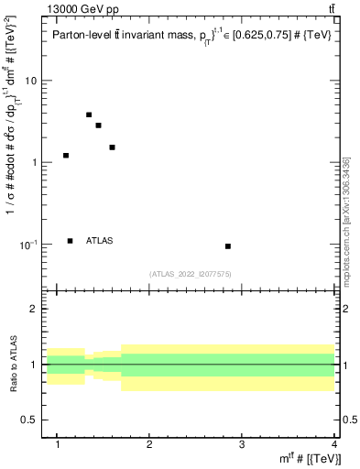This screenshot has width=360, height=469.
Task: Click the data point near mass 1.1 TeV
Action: [x=66, y=156]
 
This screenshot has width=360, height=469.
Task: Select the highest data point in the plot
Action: [x=89, y=115]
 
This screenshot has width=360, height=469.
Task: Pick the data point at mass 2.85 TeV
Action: [x=228, y=246]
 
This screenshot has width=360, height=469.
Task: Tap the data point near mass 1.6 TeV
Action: [x=112, y=147]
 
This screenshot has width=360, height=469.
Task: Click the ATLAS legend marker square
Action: [x=71, y=241]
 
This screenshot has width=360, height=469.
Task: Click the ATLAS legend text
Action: [x=100, y=241]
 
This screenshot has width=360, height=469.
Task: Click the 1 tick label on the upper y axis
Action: [x=35, y=163]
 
